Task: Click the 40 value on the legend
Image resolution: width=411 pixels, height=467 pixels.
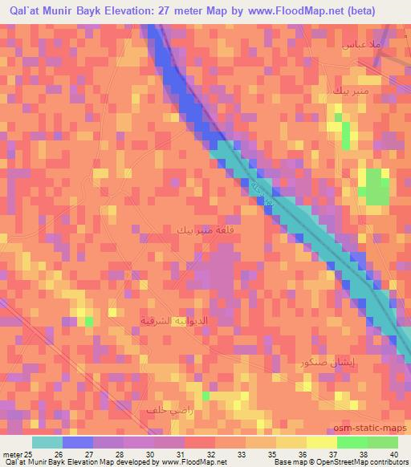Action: pyautogui.click(x=393, y=454)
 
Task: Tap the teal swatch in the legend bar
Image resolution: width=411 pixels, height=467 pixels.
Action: pyautogui.click(x=47, y=442)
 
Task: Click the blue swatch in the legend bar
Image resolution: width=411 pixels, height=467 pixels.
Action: pyautogui.click(x=77, y=442)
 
